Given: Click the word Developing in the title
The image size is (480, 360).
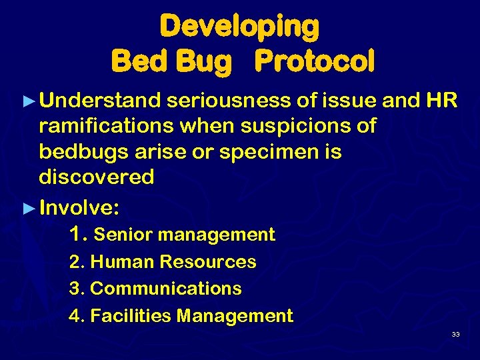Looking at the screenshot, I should tap(239, 27).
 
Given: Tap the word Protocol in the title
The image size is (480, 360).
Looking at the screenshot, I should tap(315, 61).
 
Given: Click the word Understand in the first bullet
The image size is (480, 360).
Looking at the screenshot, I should tap(101, 100).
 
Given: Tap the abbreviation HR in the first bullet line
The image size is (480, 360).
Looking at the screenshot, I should tap(441, 100).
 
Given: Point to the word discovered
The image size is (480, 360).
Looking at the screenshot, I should tap(97, 177).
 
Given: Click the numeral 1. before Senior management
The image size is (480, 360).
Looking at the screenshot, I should tap(78, 234).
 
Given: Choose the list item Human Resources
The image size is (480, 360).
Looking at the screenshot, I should tap(173, 262).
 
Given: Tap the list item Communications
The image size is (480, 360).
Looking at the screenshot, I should tap(165, 289).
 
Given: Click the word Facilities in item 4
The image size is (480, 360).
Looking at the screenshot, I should tap(130, 315).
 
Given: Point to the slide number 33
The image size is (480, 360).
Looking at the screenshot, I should tap(455, 334).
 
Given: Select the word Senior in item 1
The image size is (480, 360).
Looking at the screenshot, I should tap(123, 235).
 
